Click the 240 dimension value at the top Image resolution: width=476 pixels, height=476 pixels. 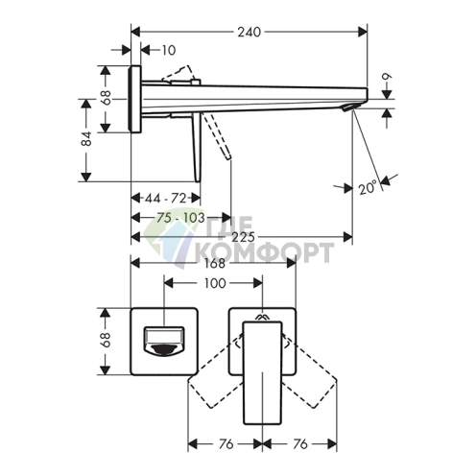(x=249, y=32)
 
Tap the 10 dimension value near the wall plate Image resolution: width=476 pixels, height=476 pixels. (x=169, y=50)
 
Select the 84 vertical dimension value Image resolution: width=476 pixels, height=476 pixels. (x=86, y=138)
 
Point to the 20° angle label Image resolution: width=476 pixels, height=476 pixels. (x=368, y=187)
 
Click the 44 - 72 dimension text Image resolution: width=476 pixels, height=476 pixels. (x=165, y=199)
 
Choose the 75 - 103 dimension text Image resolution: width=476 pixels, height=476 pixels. (x=180, y=218)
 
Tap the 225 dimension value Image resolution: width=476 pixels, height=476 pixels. (x=243, y=237)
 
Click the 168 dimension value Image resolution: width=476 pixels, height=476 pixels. (x=215, y=263)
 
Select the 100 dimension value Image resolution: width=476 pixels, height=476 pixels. (x=215, y=283)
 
